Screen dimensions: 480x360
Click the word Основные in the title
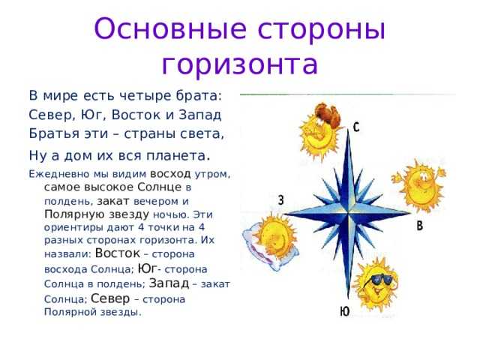(x=170, y=28)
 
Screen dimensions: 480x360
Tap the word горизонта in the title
(x=240, y=64)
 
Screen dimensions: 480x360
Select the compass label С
(x=356, y=127)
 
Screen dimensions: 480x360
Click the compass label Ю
(x=345, y=311)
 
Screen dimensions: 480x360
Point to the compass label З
(x=280, y=200)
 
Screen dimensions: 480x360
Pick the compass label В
(x=420, y=226)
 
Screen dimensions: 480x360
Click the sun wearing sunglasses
(x=376, y=283)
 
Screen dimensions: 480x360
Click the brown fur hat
(x=327, y=114)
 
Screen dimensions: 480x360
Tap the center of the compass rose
(x=348, y=213)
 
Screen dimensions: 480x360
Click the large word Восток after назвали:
(x=118, y=253)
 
